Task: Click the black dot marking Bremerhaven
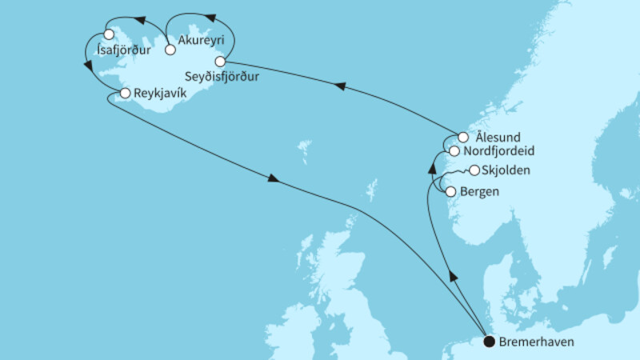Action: click(488, 342)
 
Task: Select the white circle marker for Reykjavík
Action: click(125, 94)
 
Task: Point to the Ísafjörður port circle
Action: click(109, 35)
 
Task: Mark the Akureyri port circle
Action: click(170, 50)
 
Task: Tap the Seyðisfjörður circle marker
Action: click(220, 61)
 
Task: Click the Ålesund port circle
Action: click(462, 137)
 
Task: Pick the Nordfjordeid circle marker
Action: click(454, 150)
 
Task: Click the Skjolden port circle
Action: click(474, 170)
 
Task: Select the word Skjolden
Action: click(508, 170)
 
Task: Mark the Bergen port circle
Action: click(450, 192)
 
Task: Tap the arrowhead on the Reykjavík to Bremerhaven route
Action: click(274, 178)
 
